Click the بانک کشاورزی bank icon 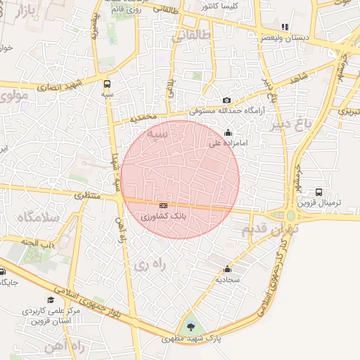click(164, 205)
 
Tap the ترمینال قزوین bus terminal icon click(319, 192)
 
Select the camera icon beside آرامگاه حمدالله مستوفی click(226, 101)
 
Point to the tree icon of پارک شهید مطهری click(190, 326)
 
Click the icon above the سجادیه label click(227, 269)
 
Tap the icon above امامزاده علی click(227, 132)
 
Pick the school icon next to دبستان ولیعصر click(285, 27)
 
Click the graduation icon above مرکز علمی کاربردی click(50, 300)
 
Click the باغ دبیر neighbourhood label click(289, 125)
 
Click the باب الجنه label click(38, 243)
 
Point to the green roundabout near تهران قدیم click(290, 216)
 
